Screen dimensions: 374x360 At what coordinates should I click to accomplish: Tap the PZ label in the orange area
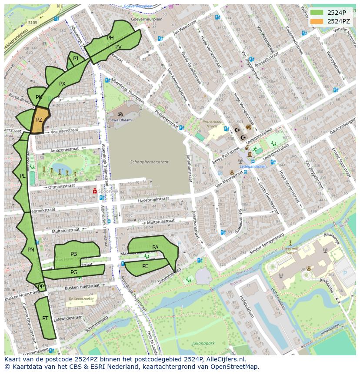pyautogui.click(x=39, y=120)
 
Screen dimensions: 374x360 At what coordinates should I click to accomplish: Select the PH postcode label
pyautogui.click(x=110, y=38)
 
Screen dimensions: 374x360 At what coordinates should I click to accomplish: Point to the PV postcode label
pyautogui.click(x=118, y=46)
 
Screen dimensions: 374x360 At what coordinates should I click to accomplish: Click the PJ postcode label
pyautogui.click(x=76, y=58)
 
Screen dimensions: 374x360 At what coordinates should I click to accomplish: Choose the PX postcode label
pyautogui.click(x=62, y=84)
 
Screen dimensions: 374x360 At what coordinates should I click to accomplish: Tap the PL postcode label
pyautogui.click(x=22, y=176)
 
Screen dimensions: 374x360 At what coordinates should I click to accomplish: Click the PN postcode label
pyautogui.click(x=30, y=250)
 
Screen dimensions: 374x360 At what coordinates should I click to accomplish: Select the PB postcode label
pyautogui.click(x=73, y=254)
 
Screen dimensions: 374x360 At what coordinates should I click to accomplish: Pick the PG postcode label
pyautogui.click(x=74, y=272)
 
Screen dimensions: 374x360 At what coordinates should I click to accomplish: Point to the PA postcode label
pyautogui.click(x=155, y=248)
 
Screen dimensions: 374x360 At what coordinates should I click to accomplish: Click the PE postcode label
pyautogui.click(x=145, y=266)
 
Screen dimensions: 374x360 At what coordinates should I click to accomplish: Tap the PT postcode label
pyautogui.click(x=45, y=318)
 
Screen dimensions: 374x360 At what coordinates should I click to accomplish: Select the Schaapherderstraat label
pyautogui.click(x=149, y=162)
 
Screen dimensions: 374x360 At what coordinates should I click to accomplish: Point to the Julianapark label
pyautogui.click(x=203, y=343)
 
